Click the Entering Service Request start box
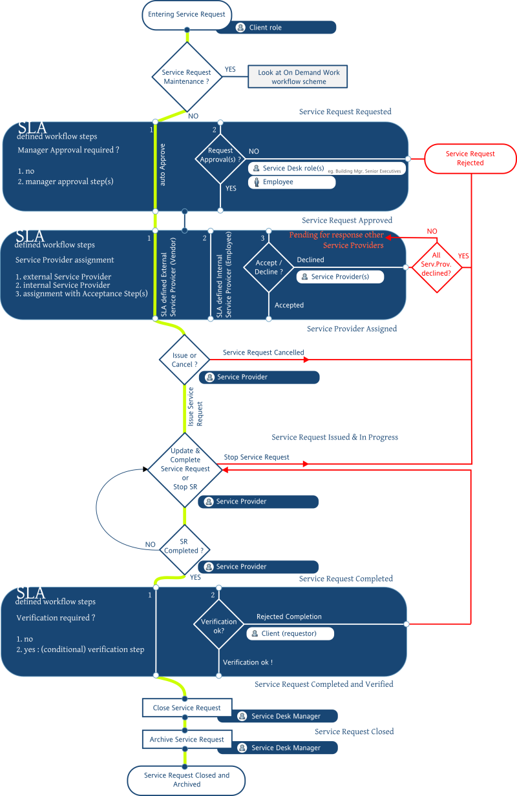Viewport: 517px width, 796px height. click(x=187, y=15)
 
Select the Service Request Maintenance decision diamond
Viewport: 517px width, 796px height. click(x=186, y=77)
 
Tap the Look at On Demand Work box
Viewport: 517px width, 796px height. click(x=299, y=77)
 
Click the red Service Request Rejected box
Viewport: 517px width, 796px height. click(x=470, y=158)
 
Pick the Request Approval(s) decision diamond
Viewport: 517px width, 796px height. click(x=220, y=155)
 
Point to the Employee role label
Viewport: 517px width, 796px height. click(x=291, y=182)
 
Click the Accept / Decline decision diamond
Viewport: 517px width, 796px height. click(x=268, y=267)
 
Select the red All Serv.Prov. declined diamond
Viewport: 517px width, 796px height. click(x=437, y=265)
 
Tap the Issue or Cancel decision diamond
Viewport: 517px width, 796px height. click(x=185, y=360)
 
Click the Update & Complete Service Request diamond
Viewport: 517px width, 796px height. click(x=185, y=468)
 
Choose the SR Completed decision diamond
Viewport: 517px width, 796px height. click(x=185, y=547)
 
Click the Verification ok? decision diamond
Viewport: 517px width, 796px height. click(x=218, y=626)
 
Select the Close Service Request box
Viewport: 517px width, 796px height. click(x=187, y=708)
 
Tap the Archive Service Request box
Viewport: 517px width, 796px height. click(x=187, y=739)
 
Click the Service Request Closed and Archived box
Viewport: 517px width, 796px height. click(x=187, y=780)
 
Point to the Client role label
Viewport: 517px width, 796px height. click(x=276, y=28)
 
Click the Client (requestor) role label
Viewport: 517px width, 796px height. click(x=290, y=633)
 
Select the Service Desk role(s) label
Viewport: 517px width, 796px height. click(x=293, y=168)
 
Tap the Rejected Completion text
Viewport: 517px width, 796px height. click(x=289, y=617)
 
